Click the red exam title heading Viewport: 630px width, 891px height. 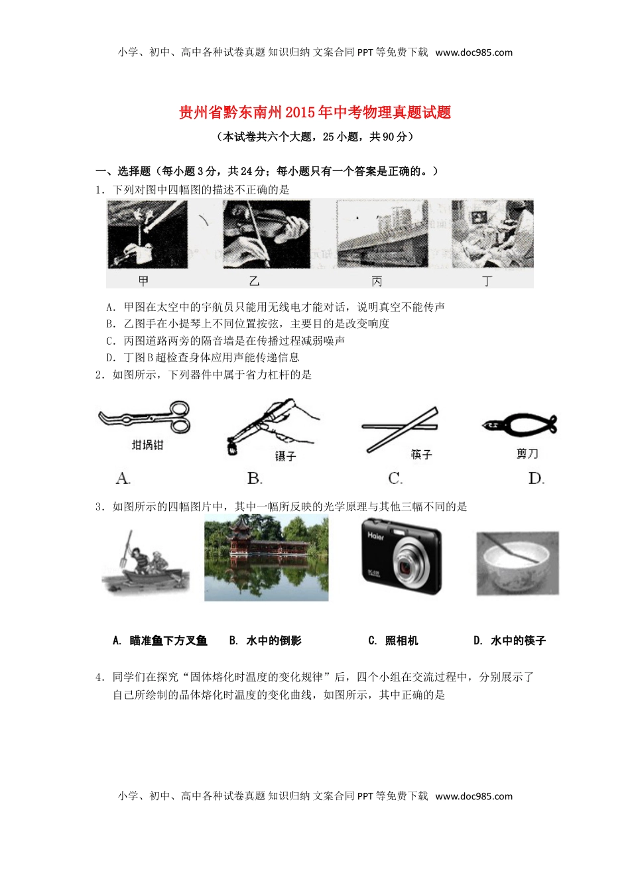click(315, 113)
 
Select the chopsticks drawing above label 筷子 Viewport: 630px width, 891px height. click(400, 428)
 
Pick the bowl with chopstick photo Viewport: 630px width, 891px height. click(517, 562)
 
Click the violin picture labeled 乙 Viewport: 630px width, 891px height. click(267, 234)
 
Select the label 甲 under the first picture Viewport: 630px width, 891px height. click(143, 281)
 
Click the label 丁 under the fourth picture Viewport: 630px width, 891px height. click(487, 281)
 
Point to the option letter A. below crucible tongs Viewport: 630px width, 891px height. click(123, 478)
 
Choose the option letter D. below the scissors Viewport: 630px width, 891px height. click(536, 478)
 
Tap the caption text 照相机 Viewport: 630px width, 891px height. click(401, 640)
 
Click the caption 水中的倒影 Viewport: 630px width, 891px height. click(273, 640)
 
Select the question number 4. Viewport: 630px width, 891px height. click(99, 677)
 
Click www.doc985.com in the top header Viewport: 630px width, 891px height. click(473, 52)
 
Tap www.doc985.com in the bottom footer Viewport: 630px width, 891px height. click(473, 796)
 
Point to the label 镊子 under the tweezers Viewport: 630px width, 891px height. click(285, 456)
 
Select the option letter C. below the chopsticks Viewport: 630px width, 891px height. click(395, 478)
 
